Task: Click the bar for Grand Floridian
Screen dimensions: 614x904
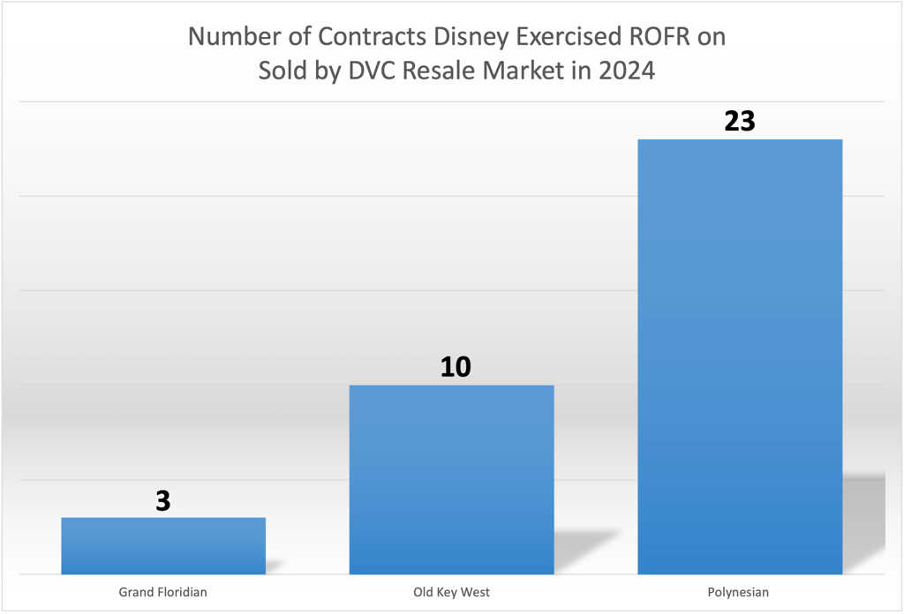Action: [x=163, y=545]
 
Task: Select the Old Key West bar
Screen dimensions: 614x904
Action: [x=451, y=479]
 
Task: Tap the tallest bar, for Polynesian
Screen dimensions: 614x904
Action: [x=739, y=356]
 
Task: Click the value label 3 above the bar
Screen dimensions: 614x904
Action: [x=163, y=501]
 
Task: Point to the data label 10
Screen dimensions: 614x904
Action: [x=456, y=367]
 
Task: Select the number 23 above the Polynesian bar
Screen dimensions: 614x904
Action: [x=740, y=121]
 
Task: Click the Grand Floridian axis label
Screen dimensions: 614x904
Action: [x=163, y=592]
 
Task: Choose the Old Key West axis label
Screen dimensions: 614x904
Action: [x=451, y=592]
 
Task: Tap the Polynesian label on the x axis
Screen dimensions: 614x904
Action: [x=739, y=592]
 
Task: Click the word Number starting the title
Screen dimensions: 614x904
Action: [x=230, y=38]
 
